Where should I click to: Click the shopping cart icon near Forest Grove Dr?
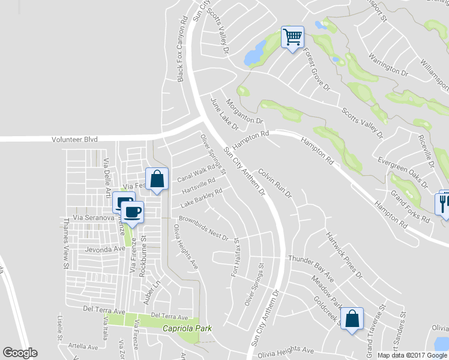[x=293, y=37]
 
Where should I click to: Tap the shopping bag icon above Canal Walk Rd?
[x=157, y=178]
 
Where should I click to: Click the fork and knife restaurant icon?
[x=443, y=202]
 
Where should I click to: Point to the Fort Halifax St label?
[x=236, y=258]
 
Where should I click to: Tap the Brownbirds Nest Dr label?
[x=204, y=229]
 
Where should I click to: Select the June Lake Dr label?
[x=224, y=114]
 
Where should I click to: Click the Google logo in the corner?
[x=20, y=353]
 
